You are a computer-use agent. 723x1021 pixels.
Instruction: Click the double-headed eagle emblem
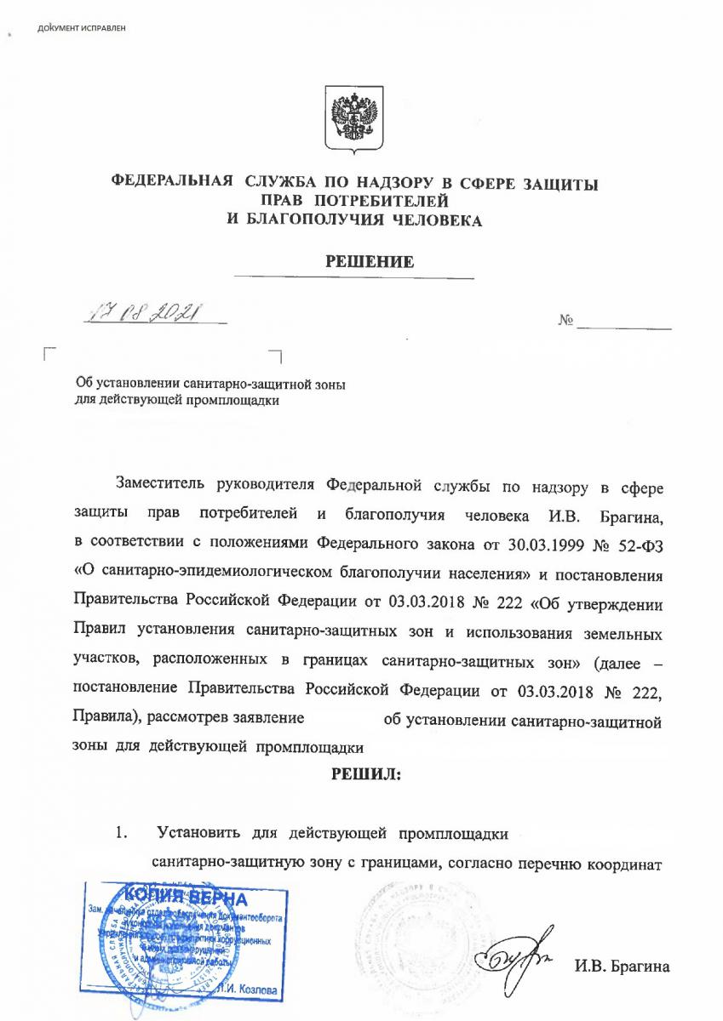pyautogui.click(x=353, y=119)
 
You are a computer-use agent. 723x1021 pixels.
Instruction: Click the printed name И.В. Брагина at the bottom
pyautogui.click(x=622, y=967)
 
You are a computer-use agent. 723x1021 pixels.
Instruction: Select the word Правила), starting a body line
pyautogui.click(x=106, y=717)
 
